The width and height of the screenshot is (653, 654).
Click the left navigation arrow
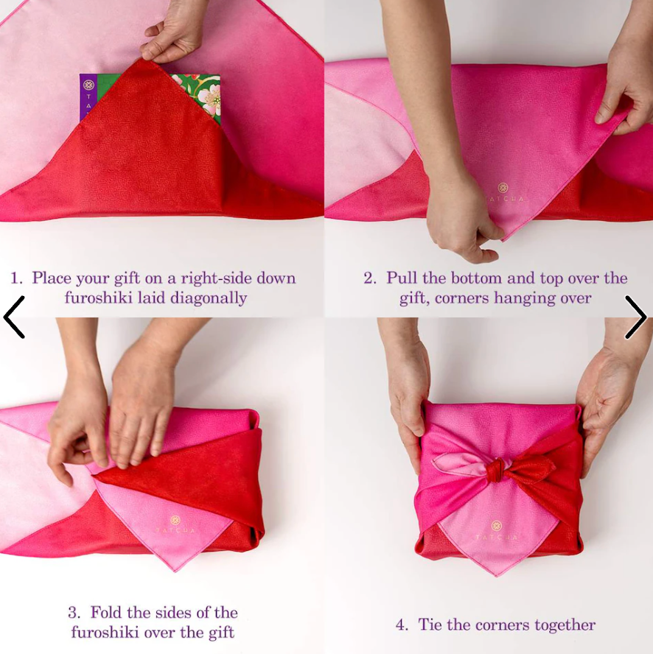[x=14, y=317]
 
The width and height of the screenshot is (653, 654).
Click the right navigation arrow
[x=635, y=317]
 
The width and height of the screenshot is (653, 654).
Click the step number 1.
[x=16, y=278]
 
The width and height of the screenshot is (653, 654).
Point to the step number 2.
[x=369, y=278]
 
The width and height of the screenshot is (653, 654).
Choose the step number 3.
[x=74, y=613]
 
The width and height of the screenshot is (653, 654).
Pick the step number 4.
[x=401, y=625]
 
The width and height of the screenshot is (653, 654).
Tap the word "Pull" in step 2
[x=402, y=278]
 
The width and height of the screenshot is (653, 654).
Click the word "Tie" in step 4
[x=430, y=625]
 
